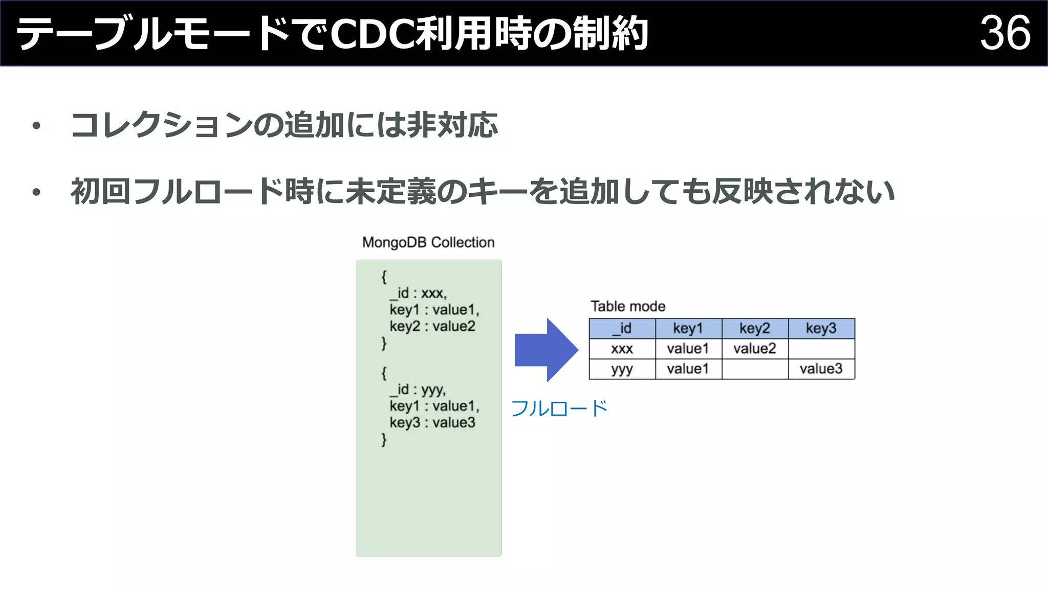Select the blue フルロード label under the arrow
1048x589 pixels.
tap(559, 409)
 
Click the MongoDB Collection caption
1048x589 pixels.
tap(428, 242)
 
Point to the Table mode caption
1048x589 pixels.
tap(628, 306)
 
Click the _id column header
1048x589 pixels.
tap(622, 328)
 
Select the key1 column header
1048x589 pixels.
tap(688, 328)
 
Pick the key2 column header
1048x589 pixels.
tap(755, 328)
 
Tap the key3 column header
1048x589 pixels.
tap(821, 328)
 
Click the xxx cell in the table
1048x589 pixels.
tap(622, 349)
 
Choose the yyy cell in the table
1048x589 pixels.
tap(622, 369)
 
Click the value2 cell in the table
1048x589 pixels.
tap(755, 349)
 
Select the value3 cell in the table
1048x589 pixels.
tap(821, 369)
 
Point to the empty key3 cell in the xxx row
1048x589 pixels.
tap(821, 349)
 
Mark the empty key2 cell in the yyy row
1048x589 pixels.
tap(755, 369)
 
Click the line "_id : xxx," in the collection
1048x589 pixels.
tap(418, 293)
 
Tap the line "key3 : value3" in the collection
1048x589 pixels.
tap(432, 423)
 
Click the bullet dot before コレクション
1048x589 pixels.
tap(36, 126)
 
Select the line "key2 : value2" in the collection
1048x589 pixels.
tap(432, 326)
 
